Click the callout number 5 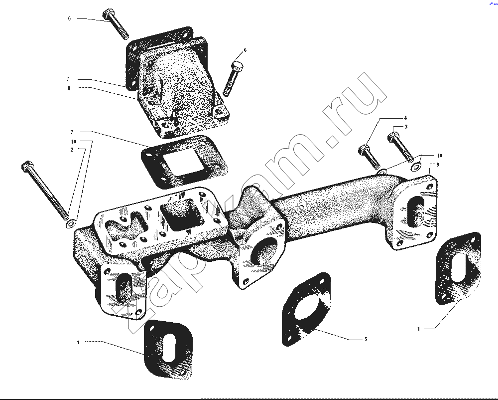(366, 339)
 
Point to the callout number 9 (438, 165)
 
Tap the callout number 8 (69, 88)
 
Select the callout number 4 (405, 118)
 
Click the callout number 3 (406, 127)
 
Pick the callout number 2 (72, 150)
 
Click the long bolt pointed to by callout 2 (45, 191)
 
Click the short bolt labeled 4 (370, 157)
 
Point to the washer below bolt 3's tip (415, 167)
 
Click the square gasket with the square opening (184, 161)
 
